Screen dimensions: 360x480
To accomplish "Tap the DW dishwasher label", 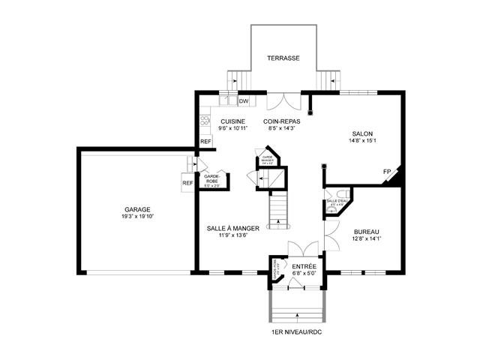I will [x=244, y=101].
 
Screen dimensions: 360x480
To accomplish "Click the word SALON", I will [x=362, y=133].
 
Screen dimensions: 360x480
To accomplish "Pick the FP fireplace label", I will [x=387, y=172].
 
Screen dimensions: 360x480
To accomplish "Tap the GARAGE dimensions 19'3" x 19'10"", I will [x=138, y=217].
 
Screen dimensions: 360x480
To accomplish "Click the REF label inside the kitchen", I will [x=205, y=141].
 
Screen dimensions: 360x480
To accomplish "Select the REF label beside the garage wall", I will [x=187, y=182].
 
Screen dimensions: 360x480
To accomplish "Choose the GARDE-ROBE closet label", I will [x=212, y=179].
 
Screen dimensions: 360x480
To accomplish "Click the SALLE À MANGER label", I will [x=233, y=228].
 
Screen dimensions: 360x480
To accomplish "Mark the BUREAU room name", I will [x=367, y=232].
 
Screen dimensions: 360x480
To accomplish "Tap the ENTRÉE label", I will [x=304, y=266].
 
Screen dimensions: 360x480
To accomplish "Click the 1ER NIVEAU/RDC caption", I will [x=298, y=331].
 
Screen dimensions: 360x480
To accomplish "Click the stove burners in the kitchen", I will [x=205, y=120].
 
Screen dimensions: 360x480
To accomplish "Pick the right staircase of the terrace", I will [x=327, y=79].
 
